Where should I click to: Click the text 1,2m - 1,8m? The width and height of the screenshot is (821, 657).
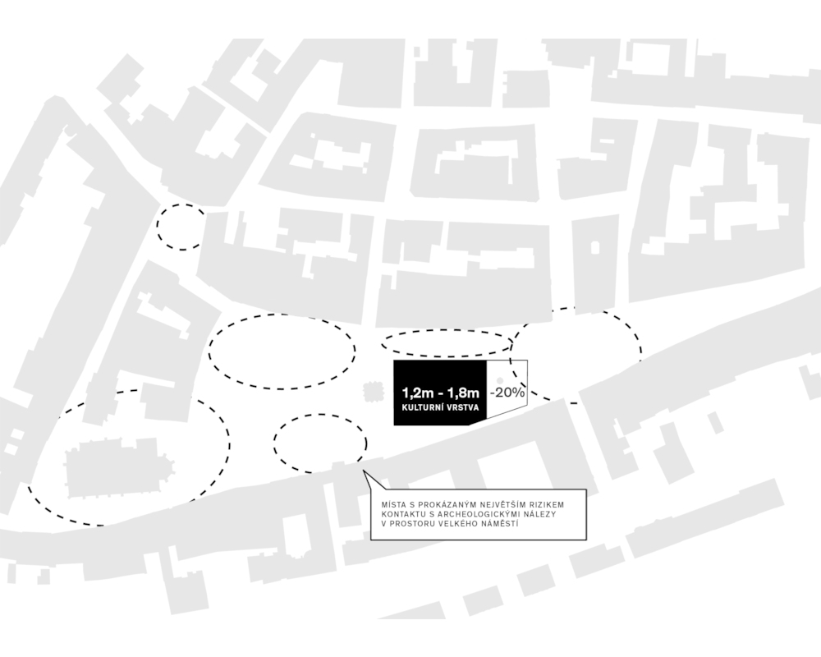[441, 393]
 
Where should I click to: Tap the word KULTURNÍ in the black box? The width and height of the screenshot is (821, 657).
[423, 407]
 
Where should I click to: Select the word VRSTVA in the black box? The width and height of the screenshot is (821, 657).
[463, 407]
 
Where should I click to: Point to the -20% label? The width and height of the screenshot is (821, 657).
[507, 392]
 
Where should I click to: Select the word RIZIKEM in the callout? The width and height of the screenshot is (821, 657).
[550, 505]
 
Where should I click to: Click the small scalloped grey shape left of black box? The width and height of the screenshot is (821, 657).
[373, 392]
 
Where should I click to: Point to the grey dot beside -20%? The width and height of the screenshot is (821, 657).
[500, 380]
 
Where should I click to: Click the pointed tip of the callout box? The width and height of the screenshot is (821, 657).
[364, 471]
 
